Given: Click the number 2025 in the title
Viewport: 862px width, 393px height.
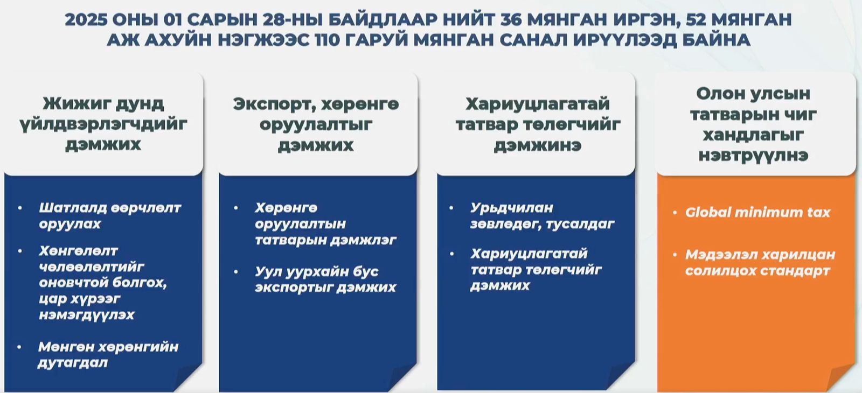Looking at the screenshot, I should pos(85,19).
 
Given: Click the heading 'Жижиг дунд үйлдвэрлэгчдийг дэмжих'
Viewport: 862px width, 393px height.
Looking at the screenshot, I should pos(103,124).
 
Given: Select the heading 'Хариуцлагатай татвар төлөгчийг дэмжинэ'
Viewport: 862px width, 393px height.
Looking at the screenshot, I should pos(537,124).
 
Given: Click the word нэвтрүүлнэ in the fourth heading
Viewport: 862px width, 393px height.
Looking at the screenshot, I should pos(753,156).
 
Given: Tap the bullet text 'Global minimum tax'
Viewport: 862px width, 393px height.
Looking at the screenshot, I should pos(757,212).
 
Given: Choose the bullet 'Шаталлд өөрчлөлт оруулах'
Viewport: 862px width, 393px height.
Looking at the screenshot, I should pos(109,215).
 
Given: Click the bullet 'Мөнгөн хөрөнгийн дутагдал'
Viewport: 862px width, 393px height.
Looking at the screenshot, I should pos(108,354).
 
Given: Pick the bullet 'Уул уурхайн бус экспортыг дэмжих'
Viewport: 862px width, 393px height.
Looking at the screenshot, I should pos(325,279).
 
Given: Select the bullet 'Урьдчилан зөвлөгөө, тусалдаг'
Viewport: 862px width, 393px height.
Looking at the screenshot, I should pos(541,215).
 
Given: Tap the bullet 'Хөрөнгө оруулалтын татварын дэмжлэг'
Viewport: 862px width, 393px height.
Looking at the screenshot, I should pos(325,223).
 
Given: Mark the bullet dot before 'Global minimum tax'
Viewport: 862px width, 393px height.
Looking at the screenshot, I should pos(675,213).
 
